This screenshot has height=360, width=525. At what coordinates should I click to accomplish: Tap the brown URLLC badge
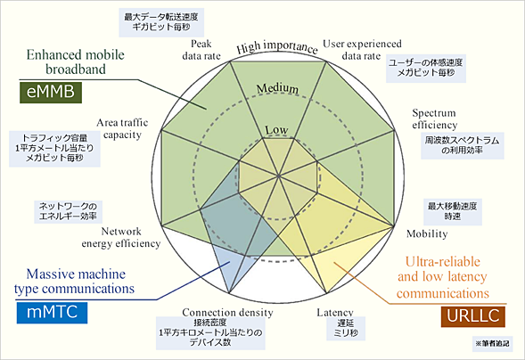[472, 315]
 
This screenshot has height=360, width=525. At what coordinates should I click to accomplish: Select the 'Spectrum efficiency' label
[434, 119]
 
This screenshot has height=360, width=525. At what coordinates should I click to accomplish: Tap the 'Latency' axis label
[336, 313]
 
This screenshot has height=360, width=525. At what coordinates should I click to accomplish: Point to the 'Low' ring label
[276, 131]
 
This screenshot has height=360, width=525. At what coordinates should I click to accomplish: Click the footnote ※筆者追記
[491, 341]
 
